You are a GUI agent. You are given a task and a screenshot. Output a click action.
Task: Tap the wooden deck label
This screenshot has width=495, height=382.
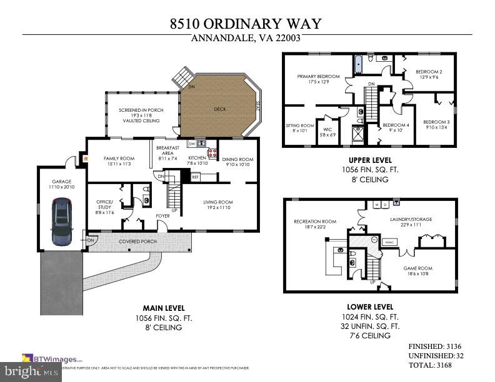point(220,109)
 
